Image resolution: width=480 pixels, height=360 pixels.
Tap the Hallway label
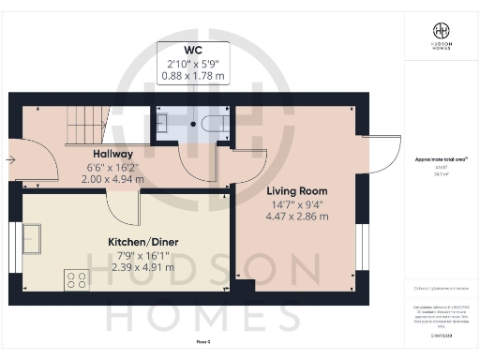pyautogui.click(x=112, y=154)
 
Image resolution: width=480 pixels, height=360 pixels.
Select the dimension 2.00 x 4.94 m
pyautogui.click(x=112, y=178)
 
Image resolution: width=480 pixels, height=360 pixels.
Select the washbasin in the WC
pyautogui.click(x=163, y=121)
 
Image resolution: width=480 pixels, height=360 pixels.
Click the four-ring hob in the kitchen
pyautogui.click(x=75, y=277)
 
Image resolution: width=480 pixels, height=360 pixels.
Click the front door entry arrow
pyautogui.click(x=10, y=159)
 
